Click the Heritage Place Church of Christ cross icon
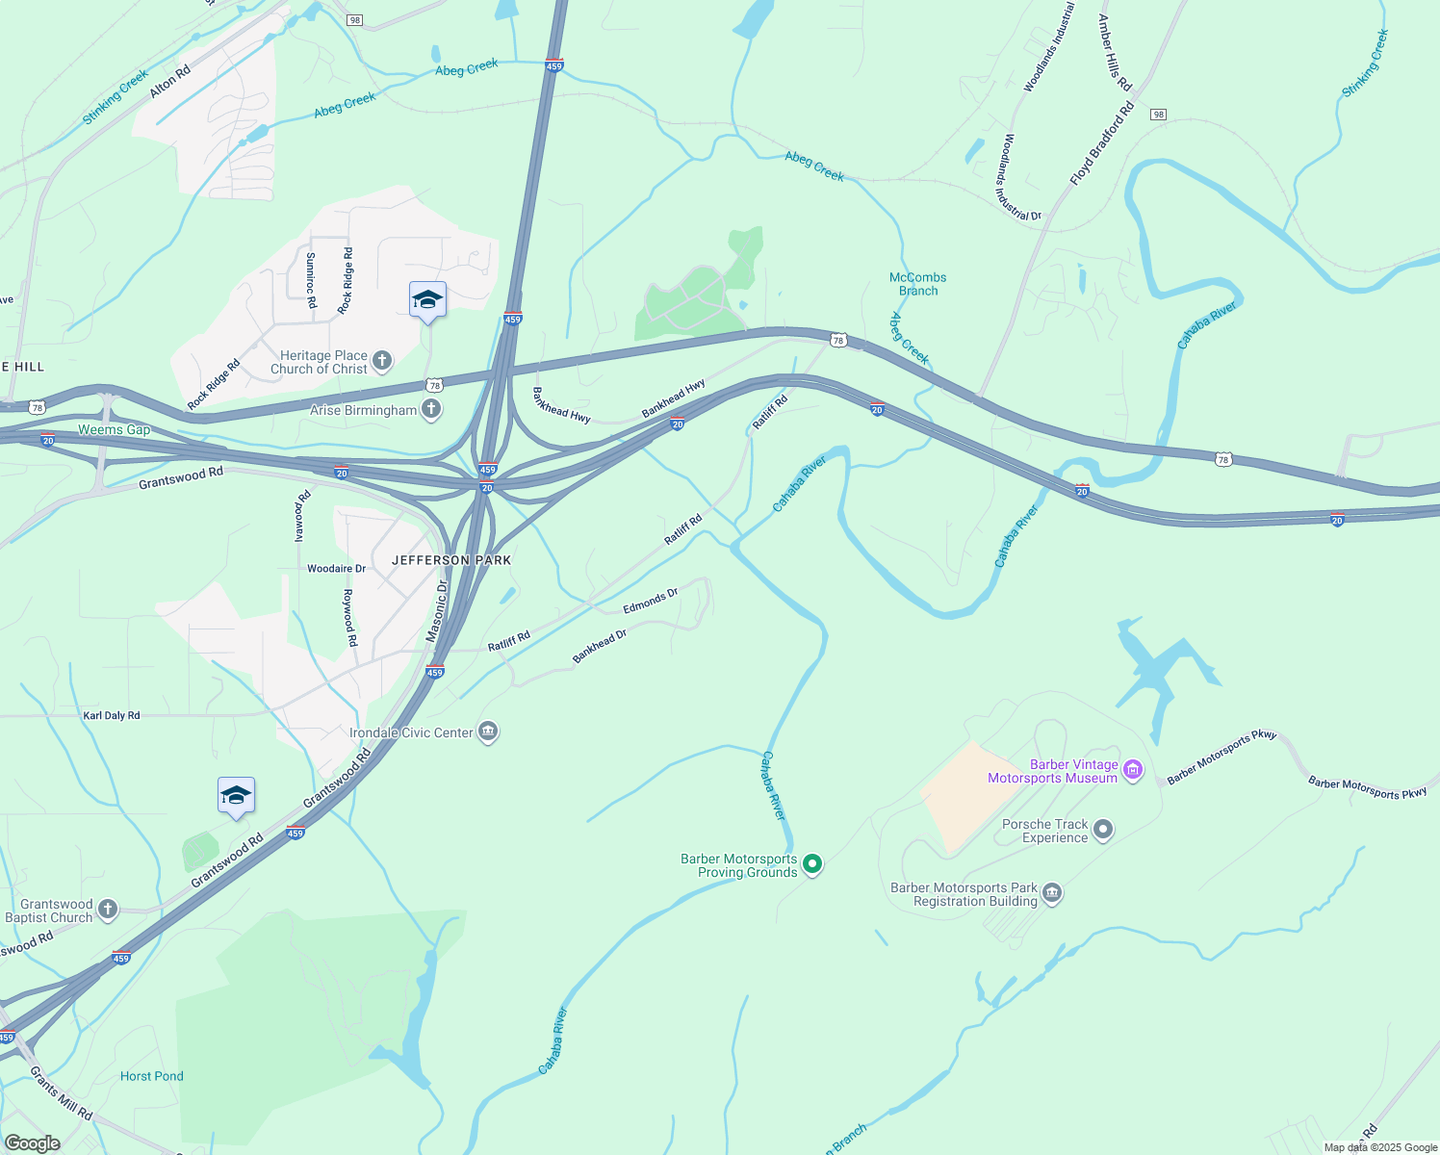point(382,362)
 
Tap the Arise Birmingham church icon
point(431,410)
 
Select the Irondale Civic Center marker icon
point(488,732)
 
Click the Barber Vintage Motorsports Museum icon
point(1133,769)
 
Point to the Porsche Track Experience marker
point(1103,829)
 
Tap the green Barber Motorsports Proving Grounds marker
point(812,864)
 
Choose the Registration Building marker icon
point(1052,893)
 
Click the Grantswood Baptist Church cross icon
point(108,909)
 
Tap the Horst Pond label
point(152,1076)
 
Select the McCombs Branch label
point(918,284)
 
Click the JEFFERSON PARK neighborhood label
point(451,560)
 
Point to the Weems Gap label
point(115,430)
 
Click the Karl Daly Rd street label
point(112,715)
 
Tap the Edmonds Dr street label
point(651,602)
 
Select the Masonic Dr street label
point(438,611)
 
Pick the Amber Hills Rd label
point(1115,52)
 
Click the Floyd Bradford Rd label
point(1102,145)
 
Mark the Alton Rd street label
point(170,80)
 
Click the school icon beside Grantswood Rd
point(236,796)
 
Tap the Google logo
point(32,1143)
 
